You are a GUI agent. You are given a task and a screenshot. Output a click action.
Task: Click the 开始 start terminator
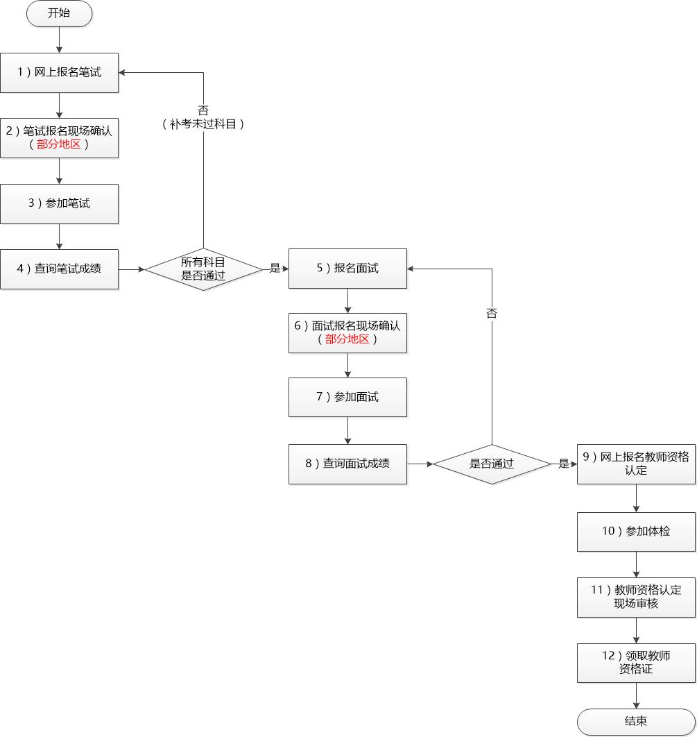coord(59,14)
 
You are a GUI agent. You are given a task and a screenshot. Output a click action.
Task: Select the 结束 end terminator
coord(636,722)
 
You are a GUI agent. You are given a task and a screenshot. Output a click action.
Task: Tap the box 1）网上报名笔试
coord(59,72)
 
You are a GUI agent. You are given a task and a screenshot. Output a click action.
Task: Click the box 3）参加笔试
coord(59,203)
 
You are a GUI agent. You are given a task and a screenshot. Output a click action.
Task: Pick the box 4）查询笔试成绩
coord(59,269)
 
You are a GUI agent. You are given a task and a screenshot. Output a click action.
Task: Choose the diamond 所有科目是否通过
coord(203,269)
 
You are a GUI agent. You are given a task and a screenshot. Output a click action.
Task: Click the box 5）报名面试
coord(347,269)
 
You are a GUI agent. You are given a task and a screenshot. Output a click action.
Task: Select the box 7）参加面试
coord(347,397)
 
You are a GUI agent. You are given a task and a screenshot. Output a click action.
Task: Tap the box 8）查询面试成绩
coord(347,464)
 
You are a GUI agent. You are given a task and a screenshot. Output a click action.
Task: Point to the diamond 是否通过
coord(492,464)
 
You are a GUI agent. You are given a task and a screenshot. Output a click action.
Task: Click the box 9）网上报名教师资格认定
coord(636,464)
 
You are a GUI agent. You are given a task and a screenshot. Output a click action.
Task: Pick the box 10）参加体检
coord(636,532)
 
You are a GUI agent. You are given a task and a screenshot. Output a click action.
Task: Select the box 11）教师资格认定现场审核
coord(636,597)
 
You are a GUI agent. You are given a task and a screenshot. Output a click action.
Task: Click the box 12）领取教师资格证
coord(636,662)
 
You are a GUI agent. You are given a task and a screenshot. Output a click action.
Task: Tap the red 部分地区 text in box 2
coord(59,145)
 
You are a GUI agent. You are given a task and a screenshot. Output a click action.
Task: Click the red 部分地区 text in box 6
coord(347,339)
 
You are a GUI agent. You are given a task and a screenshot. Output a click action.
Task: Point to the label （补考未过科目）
coord(203,124)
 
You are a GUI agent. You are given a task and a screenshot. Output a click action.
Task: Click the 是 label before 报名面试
coord(275,269)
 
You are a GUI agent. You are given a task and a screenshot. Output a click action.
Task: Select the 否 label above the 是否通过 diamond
coord(492,313)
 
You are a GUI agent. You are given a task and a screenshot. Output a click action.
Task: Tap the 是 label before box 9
coord(563,464)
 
